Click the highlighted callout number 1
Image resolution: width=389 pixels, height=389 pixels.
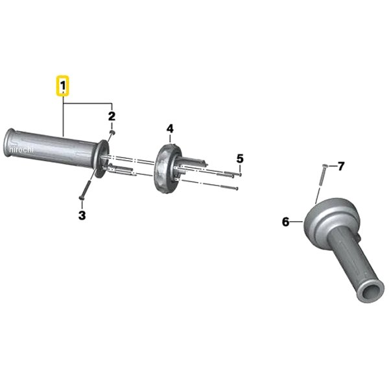tap(63, 86)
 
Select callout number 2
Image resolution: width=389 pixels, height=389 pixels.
tap(112, 116)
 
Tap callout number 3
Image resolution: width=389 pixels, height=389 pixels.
tap(82, 215)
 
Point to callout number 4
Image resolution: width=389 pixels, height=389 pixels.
tap(170, 129)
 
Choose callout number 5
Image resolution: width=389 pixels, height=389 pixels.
tap(240, 159)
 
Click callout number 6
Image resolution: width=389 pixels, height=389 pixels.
tap(286, 222)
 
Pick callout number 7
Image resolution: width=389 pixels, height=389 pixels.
tap(341, 166)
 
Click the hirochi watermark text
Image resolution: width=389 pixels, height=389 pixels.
tap(21, 149)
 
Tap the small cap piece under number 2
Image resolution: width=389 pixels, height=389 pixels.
tap(112, 132)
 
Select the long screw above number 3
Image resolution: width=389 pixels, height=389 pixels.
tap(85, 189)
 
